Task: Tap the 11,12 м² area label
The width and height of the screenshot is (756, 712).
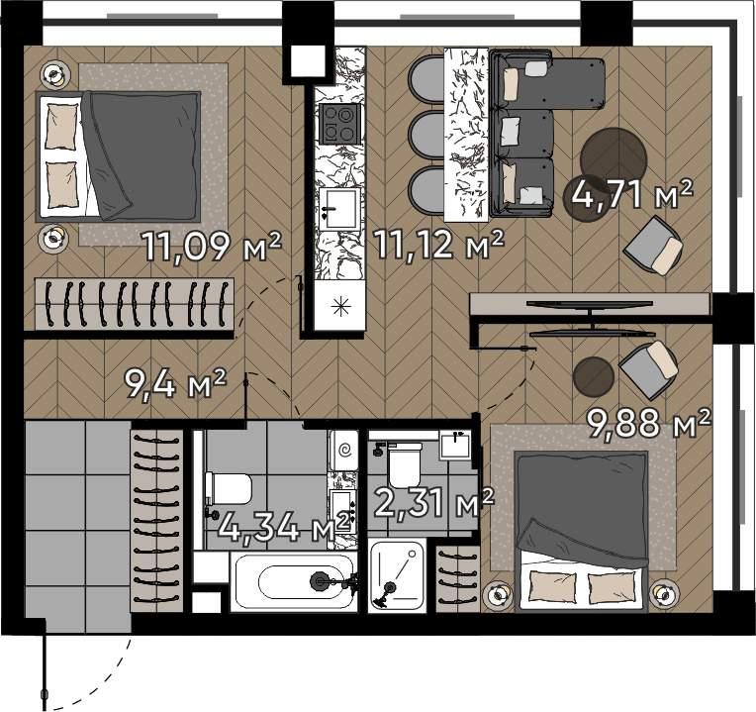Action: [439, 245]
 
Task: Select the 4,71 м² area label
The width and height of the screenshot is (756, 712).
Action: [632, 193]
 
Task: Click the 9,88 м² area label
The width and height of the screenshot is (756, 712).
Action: [648, 423]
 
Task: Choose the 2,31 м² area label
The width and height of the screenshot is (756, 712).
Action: [434, 503]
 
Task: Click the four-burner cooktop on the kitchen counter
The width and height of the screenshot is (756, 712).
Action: [340, 124]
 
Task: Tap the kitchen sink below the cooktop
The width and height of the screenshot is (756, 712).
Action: [339, 209]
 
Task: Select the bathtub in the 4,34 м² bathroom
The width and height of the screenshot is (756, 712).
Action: [294, 581]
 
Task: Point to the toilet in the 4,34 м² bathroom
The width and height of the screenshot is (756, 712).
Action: [228, 489]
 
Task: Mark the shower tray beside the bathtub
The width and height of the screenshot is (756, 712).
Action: [397, 575]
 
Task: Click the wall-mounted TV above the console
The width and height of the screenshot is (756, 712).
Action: [589, 303]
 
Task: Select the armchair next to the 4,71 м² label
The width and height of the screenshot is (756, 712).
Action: [653, 246]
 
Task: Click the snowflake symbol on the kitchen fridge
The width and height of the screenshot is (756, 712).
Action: [340, 306]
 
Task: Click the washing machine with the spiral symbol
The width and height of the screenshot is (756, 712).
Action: [343, 451]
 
